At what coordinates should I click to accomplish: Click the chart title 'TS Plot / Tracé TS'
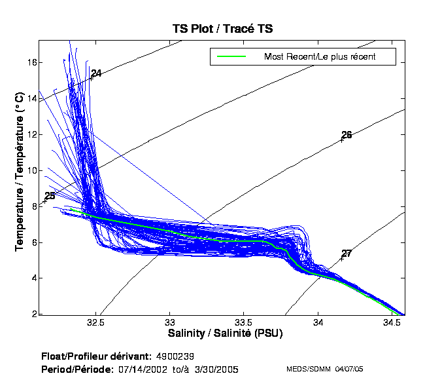pyautogui.click(x=222, y=29)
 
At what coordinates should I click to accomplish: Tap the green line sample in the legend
pyautogui.click(x=231, y=56)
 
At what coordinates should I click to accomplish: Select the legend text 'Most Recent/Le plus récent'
pyautogui.click(x=319, y=56)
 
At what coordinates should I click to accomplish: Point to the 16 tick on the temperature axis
pyautogui.click(x=31, y=62)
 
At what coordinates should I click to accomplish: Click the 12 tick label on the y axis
pyautogui.click(x=31, y=134)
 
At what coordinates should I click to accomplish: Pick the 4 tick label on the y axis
pyautogui.click(x=33, y=278)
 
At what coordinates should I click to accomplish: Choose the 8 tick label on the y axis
pyautogui.click(x=33, y=206)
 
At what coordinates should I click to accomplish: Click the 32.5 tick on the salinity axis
pyautogui.click(x=96, y=322)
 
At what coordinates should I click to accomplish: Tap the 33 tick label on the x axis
pyautogui.click(x=170, y=322)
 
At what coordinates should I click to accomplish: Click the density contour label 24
pyautogui.click(x=96, y=73)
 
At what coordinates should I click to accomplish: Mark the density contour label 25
pyautogui.click(x=50, y=196)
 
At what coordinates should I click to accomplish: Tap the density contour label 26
pyautogui.click(x=347, y=135)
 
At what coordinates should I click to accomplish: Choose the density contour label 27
pyautogui.click(x=347, y=254)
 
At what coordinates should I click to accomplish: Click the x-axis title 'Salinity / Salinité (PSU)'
pyautogui.click(x=222, y=333)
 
